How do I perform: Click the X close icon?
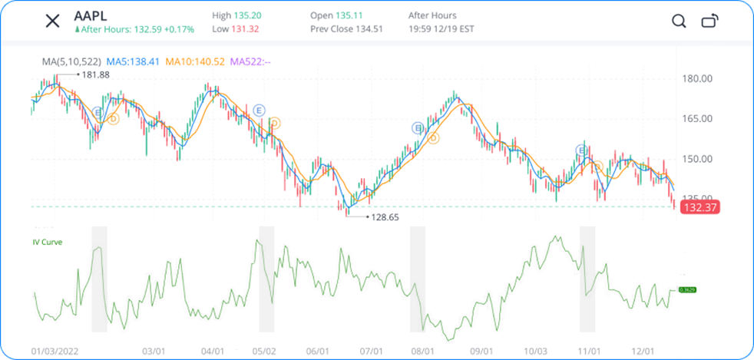(x=52, y=21)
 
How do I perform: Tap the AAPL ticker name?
(x=91, y=15)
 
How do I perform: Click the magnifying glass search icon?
(x=679, y=21)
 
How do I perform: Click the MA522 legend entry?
(x=251, y=61)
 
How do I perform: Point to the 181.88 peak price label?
(x=95, y=74)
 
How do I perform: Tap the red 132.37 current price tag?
(x=694, y=206)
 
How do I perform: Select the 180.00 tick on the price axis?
(x=699, y=79)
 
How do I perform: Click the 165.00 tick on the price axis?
(x=699, y=119)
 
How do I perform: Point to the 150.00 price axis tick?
(x=699, y=159)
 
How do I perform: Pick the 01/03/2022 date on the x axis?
(x=55, y=351)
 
